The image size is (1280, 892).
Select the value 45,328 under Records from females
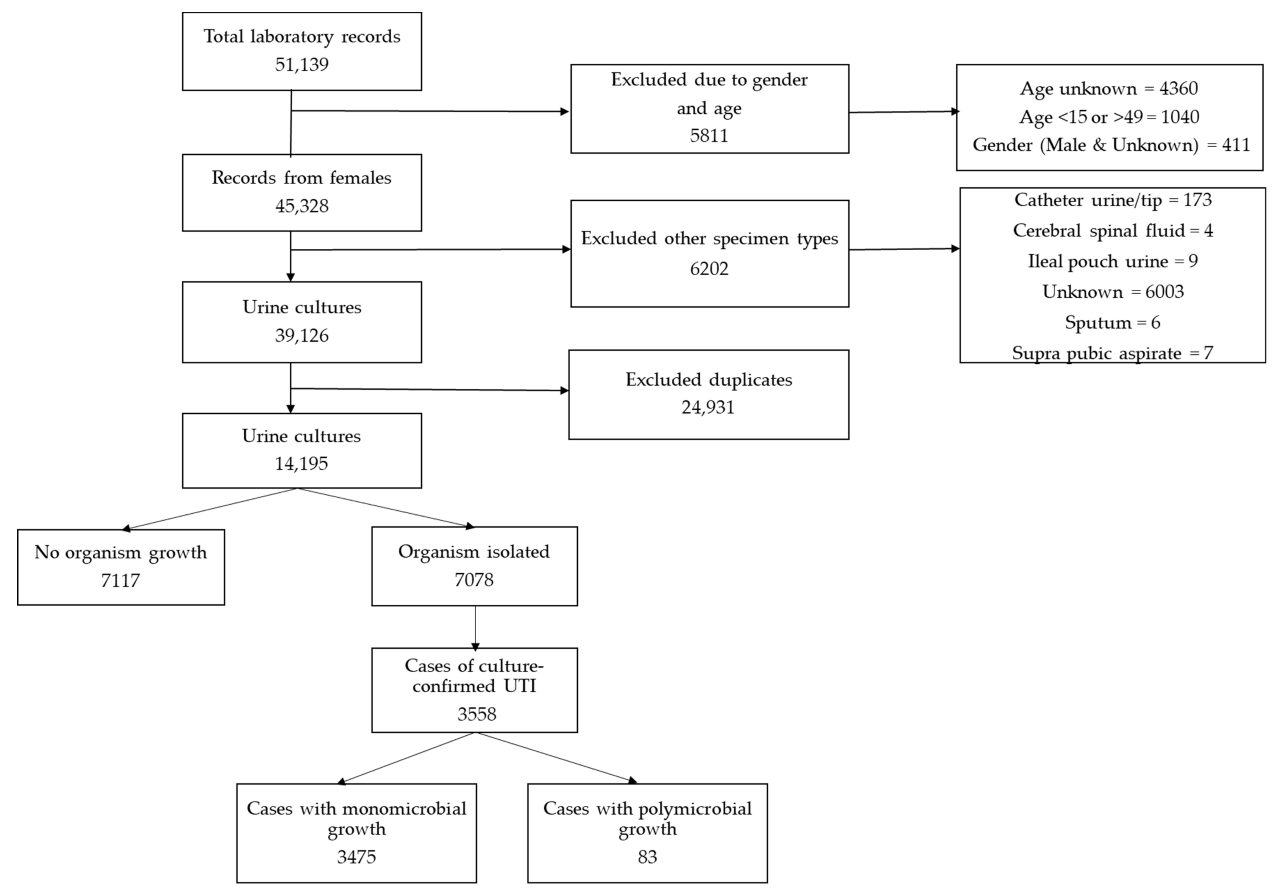(x=301, y=206)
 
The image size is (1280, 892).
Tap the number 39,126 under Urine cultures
(x=301, y=335)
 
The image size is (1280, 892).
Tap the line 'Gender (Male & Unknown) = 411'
(x=1111, y=145)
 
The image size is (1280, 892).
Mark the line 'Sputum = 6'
(x=1112, y=322)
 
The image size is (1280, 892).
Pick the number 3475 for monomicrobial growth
(x=356, y=856)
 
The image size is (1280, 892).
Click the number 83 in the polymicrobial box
(x=647, y=856)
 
